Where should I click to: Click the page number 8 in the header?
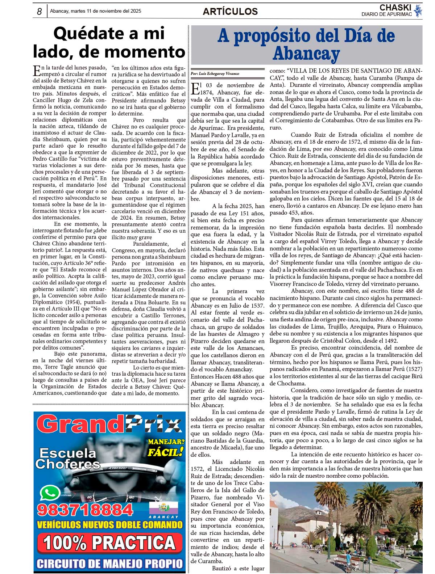click(x=40, y=12)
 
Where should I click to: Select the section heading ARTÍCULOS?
click(x=230, y=12)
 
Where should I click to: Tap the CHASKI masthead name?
click(x=395, y=8)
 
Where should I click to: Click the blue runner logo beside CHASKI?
click(x=418, y=10)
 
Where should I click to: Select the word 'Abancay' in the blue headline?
click(x=306, y=54)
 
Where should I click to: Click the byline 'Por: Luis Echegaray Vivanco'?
click(x=215, y=73)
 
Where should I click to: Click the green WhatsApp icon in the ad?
click(x=50, y=493)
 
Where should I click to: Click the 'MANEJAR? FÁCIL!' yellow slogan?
click(x=166, y=447)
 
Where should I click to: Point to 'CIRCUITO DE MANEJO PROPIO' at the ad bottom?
click(x=109, y=564)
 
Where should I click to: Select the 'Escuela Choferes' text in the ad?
click(x=68, y=458)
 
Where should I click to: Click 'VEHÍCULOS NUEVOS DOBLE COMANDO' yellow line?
click(x=109, y=525)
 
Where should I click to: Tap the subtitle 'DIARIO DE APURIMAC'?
click(x=386, y=14)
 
